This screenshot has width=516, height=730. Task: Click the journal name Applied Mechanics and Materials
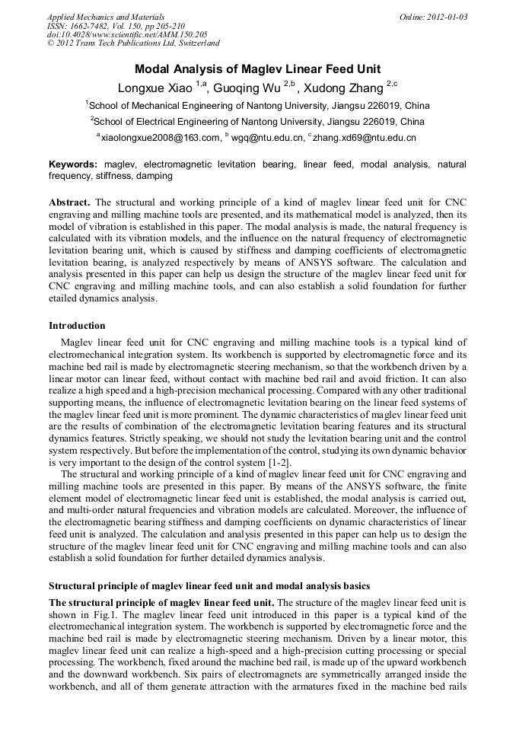click(105, 17)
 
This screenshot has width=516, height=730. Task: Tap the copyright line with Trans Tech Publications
click(132, 44)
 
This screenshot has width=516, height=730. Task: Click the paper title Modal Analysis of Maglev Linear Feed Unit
click(258, 69)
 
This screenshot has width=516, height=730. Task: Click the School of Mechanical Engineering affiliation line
click(258, 105)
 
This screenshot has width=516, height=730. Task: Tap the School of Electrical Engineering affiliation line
click(258, 121)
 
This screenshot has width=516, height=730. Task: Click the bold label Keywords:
click(73, 164)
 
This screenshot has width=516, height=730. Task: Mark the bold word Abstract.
click(70, 202)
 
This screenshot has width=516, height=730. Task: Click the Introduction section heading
click(78, 326)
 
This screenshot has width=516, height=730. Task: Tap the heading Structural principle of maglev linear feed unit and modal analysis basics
click(209, 586)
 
